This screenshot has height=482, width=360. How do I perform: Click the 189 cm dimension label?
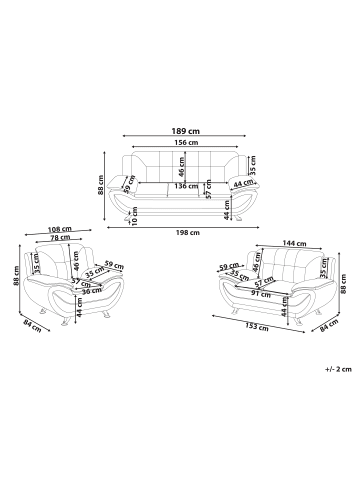[186, 131]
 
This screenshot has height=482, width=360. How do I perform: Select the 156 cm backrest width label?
[186, 143]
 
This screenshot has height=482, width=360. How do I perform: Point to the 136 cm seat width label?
[186, 186]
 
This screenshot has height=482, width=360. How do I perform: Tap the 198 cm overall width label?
[188, 233]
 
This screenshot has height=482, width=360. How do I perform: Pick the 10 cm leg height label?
[135, 216]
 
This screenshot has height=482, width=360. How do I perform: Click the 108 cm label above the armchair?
[60, 229]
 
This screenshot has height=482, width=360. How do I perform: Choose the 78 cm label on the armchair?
[60, 237]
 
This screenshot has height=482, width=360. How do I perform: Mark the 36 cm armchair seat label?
[91, 290]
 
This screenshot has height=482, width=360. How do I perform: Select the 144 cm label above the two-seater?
[294, 243]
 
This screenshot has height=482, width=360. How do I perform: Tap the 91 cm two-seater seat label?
[261, 294]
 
